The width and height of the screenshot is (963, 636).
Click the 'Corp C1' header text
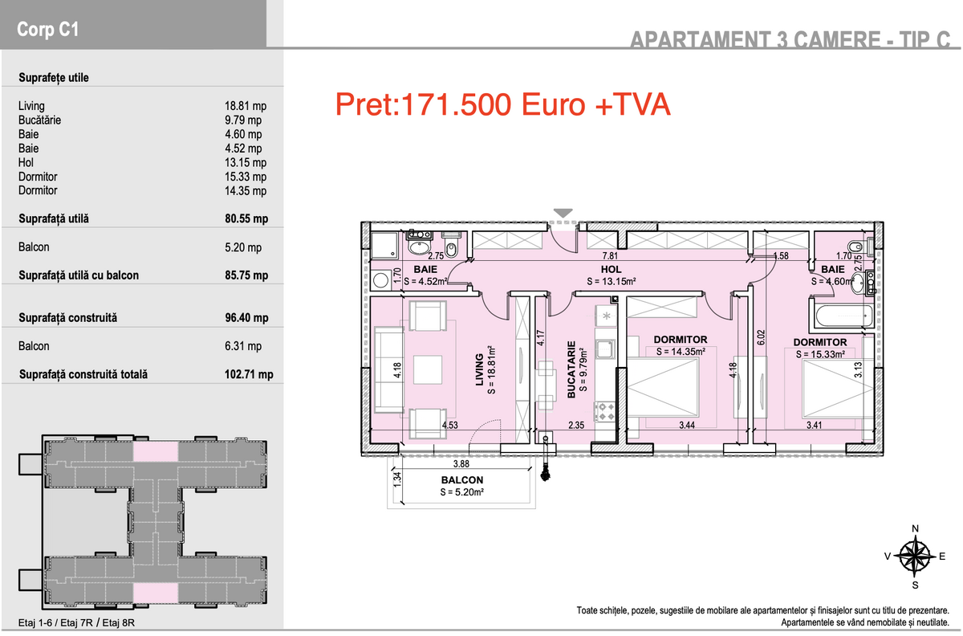tap(47, 29)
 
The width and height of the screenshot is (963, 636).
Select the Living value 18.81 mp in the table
tap(246, 106)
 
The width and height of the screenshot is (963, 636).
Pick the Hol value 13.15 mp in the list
tap(246, 162)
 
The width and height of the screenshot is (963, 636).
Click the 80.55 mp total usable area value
tap(246, 218)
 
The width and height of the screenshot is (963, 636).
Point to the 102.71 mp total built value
tap(249, 374)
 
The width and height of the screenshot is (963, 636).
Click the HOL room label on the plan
tap(611, 269)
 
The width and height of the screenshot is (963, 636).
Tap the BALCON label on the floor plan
tap(462, 479)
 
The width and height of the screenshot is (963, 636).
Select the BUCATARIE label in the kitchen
tap(571, 369)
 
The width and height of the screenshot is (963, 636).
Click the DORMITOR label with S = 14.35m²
tap(681, 340)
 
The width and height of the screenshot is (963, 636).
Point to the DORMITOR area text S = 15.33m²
tap(820, 354)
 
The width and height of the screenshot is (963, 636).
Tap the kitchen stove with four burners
tap(606, 411)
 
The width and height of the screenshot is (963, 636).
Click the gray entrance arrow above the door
tap(563, 213)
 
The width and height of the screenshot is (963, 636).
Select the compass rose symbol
tap(915, 556)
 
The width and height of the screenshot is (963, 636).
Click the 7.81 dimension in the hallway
tap(610, 256)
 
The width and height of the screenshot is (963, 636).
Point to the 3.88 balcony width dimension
tap(461, 464)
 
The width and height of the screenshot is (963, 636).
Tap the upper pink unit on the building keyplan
tap(155, 452)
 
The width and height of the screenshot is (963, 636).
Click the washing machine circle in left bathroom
tap(381, 280)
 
